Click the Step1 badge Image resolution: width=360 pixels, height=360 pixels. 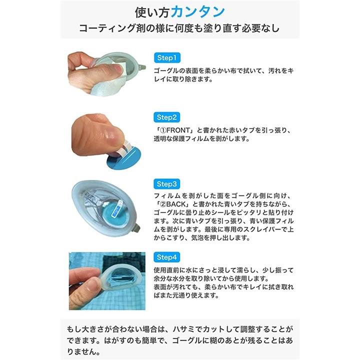[x=167, y=57]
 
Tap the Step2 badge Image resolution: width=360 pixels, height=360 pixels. [x=166, y=117]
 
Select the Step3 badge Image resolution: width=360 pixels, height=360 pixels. [x=166, y=184]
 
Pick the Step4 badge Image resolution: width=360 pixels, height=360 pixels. [x=166, y=257]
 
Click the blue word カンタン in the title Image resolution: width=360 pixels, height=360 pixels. [x=197, y=12]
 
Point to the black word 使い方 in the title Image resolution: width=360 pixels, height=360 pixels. [x=152, y=12]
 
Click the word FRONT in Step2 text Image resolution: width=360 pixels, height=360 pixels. [x=178, y=130]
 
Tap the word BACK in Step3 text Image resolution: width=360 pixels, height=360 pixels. [x=175, y=204]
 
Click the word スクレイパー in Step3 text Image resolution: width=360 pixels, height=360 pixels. [x=260, y=229]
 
